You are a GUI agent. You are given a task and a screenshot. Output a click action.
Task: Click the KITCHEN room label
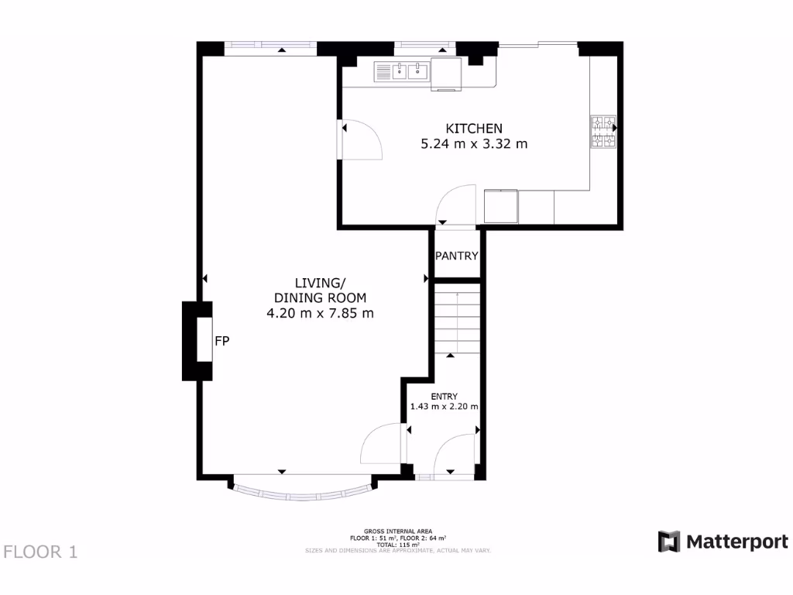(x=473, y=129)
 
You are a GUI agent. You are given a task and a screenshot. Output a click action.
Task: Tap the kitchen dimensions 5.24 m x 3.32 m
(x=473, y=143)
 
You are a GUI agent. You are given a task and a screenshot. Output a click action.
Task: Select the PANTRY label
(x=456, y=256)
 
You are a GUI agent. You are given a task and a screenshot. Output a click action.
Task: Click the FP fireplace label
(x=221, y=340)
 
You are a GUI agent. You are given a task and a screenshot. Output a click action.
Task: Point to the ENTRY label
(x=444, y=397)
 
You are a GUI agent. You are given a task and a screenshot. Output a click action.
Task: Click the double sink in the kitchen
(x=410, y=72)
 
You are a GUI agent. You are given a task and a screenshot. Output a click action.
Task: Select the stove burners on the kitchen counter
(x=603, y=132)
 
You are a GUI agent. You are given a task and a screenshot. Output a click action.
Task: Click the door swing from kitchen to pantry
(x=456, y=205)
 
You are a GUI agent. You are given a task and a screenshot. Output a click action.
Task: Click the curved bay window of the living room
(x=302, y=491)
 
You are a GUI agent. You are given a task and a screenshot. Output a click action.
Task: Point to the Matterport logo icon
(x=669, y=542)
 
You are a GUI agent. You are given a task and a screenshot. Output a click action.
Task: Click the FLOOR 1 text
(x=41, y=552)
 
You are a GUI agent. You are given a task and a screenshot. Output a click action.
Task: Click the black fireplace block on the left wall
(x=191, y=341)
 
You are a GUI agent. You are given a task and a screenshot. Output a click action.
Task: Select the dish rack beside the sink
(x=383, y=72)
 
